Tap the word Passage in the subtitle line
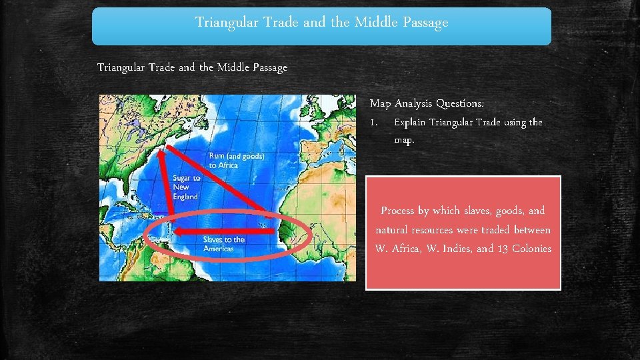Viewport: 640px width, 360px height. pos(267,67)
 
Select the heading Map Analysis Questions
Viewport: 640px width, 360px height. pos(427,103)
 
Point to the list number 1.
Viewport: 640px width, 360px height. pos(374,123)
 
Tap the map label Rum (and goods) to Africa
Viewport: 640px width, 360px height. pos(237,161)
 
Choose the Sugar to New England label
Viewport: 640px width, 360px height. pos(186,187)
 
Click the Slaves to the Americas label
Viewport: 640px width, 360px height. pos(224,244)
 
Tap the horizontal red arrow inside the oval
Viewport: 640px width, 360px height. pos(227,232)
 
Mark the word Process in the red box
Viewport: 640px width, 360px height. pos(398,211)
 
